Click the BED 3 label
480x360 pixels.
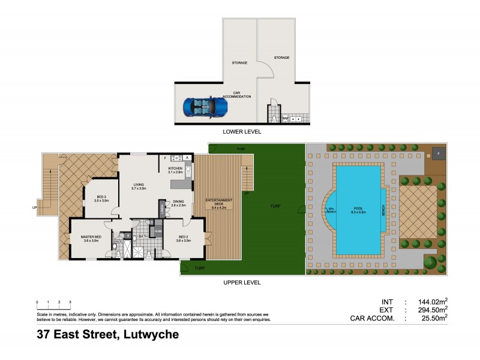coord(101,198)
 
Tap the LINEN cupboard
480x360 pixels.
coord(163,209)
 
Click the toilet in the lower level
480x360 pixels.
coord(273,119)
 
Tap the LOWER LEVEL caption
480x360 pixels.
coord(240,132)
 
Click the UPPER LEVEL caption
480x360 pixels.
coord(243,282)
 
